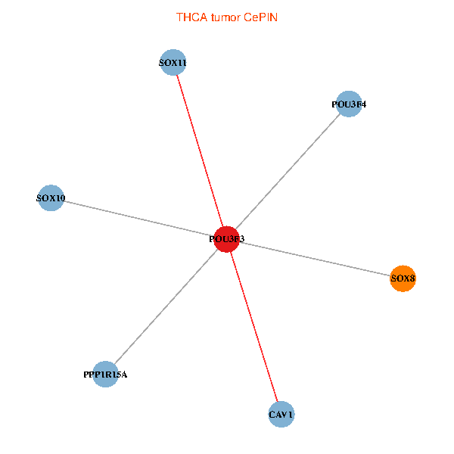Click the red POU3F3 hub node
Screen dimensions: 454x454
227,239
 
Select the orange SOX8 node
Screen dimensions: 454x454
403,278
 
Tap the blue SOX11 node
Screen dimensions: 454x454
173,62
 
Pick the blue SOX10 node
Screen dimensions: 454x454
51,197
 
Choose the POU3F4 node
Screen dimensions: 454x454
349,104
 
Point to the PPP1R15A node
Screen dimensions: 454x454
105,374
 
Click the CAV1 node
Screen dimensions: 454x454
281,415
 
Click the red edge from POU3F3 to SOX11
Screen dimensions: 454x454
200,151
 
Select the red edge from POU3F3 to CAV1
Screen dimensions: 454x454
254,327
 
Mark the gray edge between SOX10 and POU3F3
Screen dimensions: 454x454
139,219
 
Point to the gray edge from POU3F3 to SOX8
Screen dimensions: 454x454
315,259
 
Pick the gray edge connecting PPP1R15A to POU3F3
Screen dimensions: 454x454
166,306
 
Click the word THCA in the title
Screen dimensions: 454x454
192,17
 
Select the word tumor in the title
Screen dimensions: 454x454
225,17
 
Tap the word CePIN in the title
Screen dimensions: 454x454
260,17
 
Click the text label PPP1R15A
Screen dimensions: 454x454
105,375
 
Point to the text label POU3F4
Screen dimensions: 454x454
349,104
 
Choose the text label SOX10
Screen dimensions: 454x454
51,198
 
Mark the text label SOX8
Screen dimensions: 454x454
403,278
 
